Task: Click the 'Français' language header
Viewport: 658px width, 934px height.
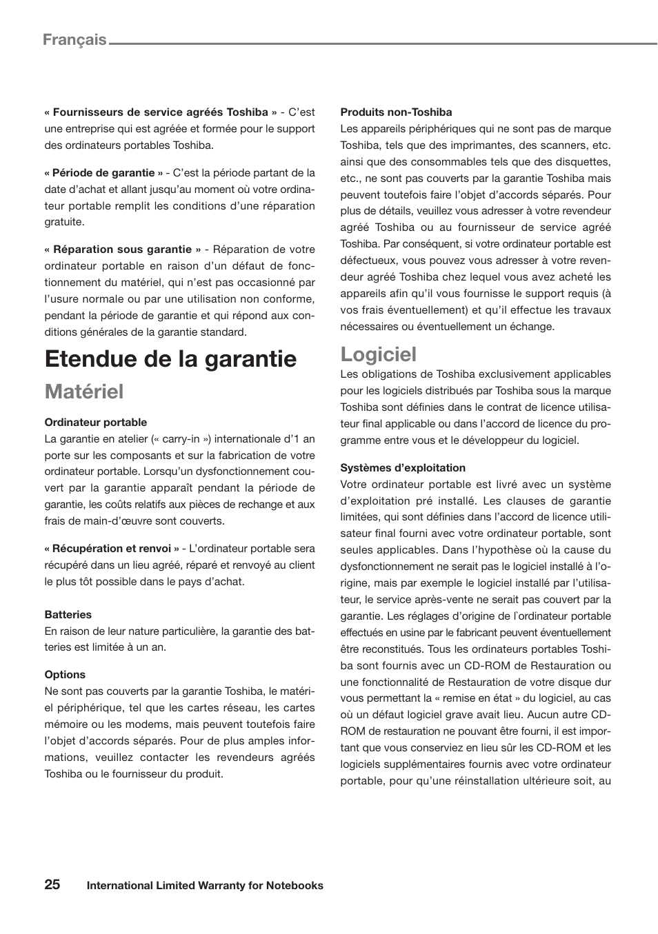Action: [74, 40]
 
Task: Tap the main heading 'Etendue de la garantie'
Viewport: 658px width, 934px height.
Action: [170, 358]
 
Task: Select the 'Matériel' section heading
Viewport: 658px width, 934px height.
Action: [84, 392]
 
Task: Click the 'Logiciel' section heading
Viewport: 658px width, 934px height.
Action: [378, 354]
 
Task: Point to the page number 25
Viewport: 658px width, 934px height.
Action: [52, 884]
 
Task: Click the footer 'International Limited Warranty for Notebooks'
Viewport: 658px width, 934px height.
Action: [205, 886]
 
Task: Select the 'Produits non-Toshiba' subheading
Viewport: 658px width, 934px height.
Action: [396, 112]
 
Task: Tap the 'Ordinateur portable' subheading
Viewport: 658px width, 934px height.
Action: [96, 423]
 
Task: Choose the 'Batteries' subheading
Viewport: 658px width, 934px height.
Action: [68, 615]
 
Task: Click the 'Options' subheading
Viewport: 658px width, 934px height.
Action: [65, 675]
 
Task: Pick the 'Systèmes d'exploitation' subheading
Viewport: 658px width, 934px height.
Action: [402, 468]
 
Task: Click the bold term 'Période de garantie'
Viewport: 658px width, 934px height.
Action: [103, 173]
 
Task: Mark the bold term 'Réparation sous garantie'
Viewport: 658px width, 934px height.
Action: [122, 250]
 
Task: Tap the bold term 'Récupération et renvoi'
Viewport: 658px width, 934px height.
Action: [112, 549]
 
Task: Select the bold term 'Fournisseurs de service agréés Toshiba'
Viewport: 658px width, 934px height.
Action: [160, 112]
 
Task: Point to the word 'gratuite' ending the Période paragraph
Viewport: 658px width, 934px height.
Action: [64, 223]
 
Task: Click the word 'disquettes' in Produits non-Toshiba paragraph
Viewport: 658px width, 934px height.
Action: [585, 162]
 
